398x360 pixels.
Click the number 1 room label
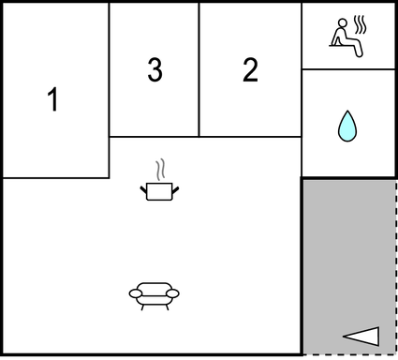pyautogui.click(x=53, y=99)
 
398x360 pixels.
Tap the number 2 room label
pyautogui.click(x=250, y=69)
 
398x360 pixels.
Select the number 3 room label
pyautogui.click(x=155, y=69)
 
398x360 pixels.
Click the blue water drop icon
pyautogui.click(x=347, y=126)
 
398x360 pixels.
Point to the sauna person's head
pyautogui.click(x=343, y=22)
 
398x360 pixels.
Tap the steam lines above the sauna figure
pyautogui.click(x=360, y=24)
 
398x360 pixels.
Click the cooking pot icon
pyautogui.click(x=159, y=191)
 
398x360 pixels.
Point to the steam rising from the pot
pyautogui.click(x=160, y=170)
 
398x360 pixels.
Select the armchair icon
pyautogui.click(x=154, y=296)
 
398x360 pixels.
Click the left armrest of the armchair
pyautogui.click(x=136, y=293)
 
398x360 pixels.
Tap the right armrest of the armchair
pyautogui.click(x=172, y=293)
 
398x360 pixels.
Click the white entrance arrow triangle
pyautogui.click(x=361, y=337)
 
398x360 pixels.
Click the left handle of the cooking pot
pyautogui.click(x=143, y=189)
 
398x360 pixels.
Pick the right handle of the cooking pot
pyautogui.click(x=175, y=189)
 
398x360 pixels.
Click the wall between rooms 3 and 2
pyautogui.click(x=199, y=69)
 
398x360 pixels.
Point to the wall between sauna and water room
pyautogui.click(x=348, y=69)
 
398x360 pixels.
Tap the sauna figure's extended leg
pyautogui.click(x=355, y=46)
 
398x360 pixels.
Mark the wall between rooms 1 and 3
pyautogui.click(x=110, y=91)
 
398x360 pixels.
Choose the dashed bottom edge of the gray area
pyautogui.click(x=349, y=354)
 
